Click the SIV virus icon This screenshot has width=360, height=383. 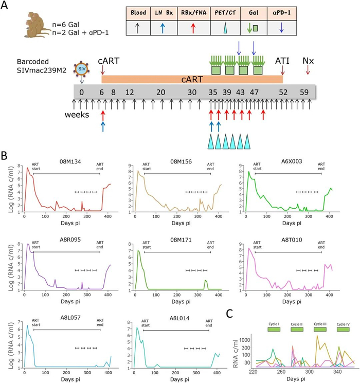tap(82, 69)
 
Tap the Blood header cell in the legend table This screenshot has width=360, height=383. tap(138, 13)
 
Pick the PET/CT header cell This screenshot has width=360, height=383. tap(225, 13)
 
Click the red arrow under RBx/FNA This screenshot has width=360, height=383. tap(193, 28)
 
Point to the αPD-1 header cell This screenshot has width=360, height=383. tap(282, 13)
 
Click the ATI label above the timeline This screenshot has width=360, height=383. tap(282, 61)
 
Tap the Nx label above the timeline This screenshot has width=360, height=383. tap(308, 61)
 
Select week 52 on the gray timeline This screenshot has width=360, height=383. tap(283, 93)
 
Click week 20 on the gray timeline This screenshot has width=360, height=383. tap(161, 93)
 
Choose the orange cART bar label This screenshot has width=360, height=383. tap(192, 79)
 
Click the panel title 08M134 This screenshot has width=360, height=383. tap(70, 161)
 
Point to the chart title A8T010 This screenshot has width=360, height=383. tap(292, 240)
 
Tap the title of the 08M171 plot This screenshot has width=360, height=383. tap(181, 240)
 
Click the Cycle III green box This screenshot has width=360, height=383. tap(320, 329)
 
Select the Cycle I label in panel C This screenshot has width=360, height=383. tap(274, 324)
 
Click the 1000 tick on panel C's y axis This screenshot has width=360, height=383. tap(245, 340)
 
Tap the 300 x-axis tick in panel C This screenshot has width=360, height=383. tap(310, 372)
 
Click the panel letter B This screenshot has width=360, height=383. tap(4, 156)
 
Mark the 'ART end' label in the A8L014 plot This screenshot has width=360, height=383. tap(209, 323)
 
